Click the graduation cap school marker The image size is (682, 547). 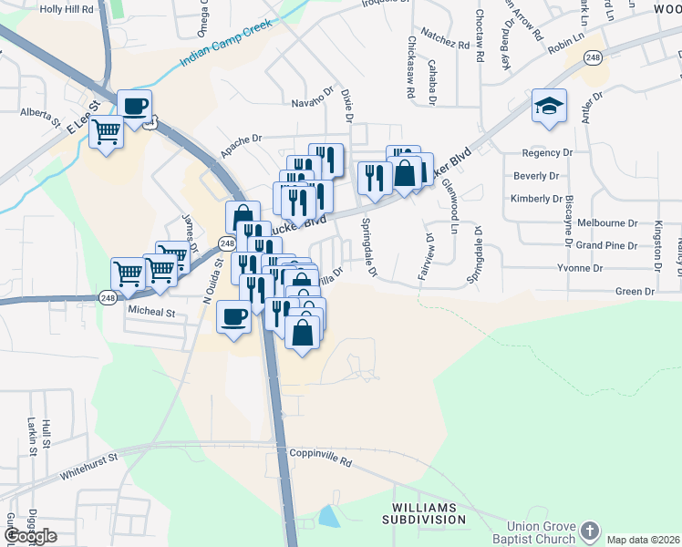549,107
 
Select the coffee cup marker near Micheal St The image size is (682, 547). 233,317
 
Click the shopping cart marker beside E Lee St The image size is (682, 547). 107,133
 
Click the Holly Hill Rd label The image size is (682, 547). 67,8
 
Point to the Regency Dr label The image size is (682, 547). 547,153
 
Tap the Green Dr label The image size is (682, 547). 635,292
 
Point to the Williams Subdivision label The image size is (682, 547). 429,512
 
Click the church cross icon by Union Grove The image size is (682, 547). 590,529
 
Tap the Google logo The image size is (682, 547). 31,536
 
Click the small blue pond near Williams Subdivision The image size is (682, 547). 328,517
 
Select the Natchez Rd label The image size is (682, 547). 451,43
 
